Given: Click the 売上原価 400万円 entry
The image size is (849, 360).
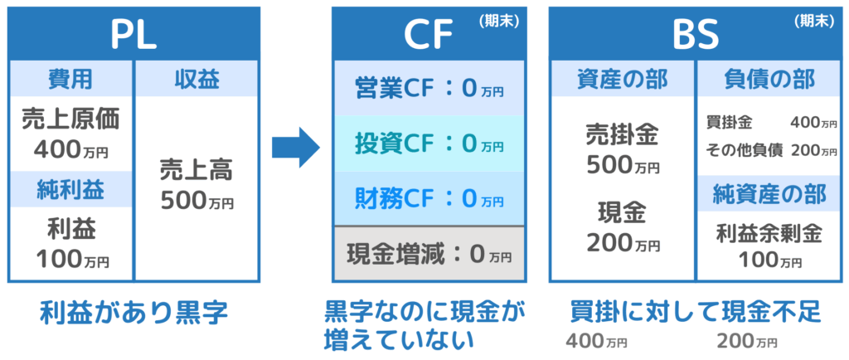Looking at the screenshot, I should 70,134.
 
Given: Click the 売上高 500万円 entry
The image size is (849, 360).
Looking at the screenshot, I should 197,184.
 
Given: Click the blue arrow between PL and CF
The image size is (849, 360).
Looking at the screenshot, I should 295,148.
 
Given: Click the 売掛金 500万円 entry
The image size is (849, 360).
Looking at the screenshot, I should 623,149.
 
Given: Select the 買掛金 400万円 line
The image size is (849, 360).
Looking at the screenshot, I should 771,123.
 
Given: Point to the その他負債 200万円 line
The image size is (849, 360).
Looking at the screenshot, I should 771,150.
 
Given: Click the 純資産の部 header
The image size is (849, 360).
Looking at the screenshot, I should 771,194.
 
